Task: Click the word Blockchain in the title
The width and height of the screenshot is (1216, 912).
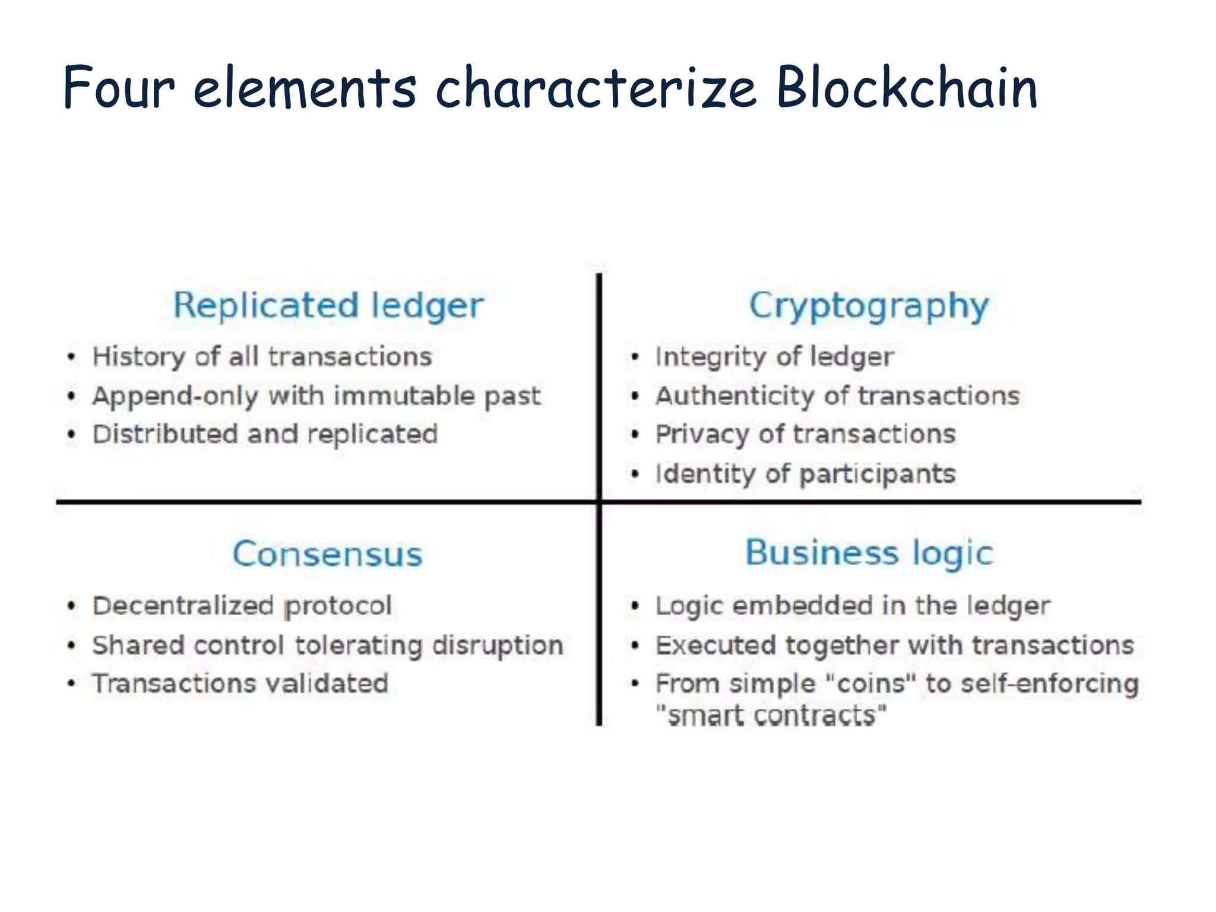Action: [907, 88]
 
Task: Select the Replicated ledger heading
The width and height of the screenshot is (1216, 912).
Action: [328, 306]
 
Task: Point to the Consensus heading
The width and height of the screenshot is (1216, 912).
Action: [327, 554]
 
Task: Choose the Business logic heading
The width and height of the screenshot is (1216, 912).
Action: [869, 553]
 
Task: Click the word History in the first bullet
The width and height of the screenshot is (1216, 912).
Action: [139, 357]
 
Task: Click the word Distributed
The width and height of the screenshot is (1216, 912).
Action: [166, 434]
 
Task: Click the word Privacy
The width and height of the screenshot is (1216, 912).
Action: [702, 435]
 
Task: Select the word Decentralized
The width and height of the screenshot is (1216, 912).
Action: [183, 606]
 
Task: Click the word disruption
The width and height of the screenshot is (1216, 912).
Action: [498, 645]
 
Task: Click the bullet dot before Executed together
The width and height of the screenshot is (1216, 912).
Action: [635, 645]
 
